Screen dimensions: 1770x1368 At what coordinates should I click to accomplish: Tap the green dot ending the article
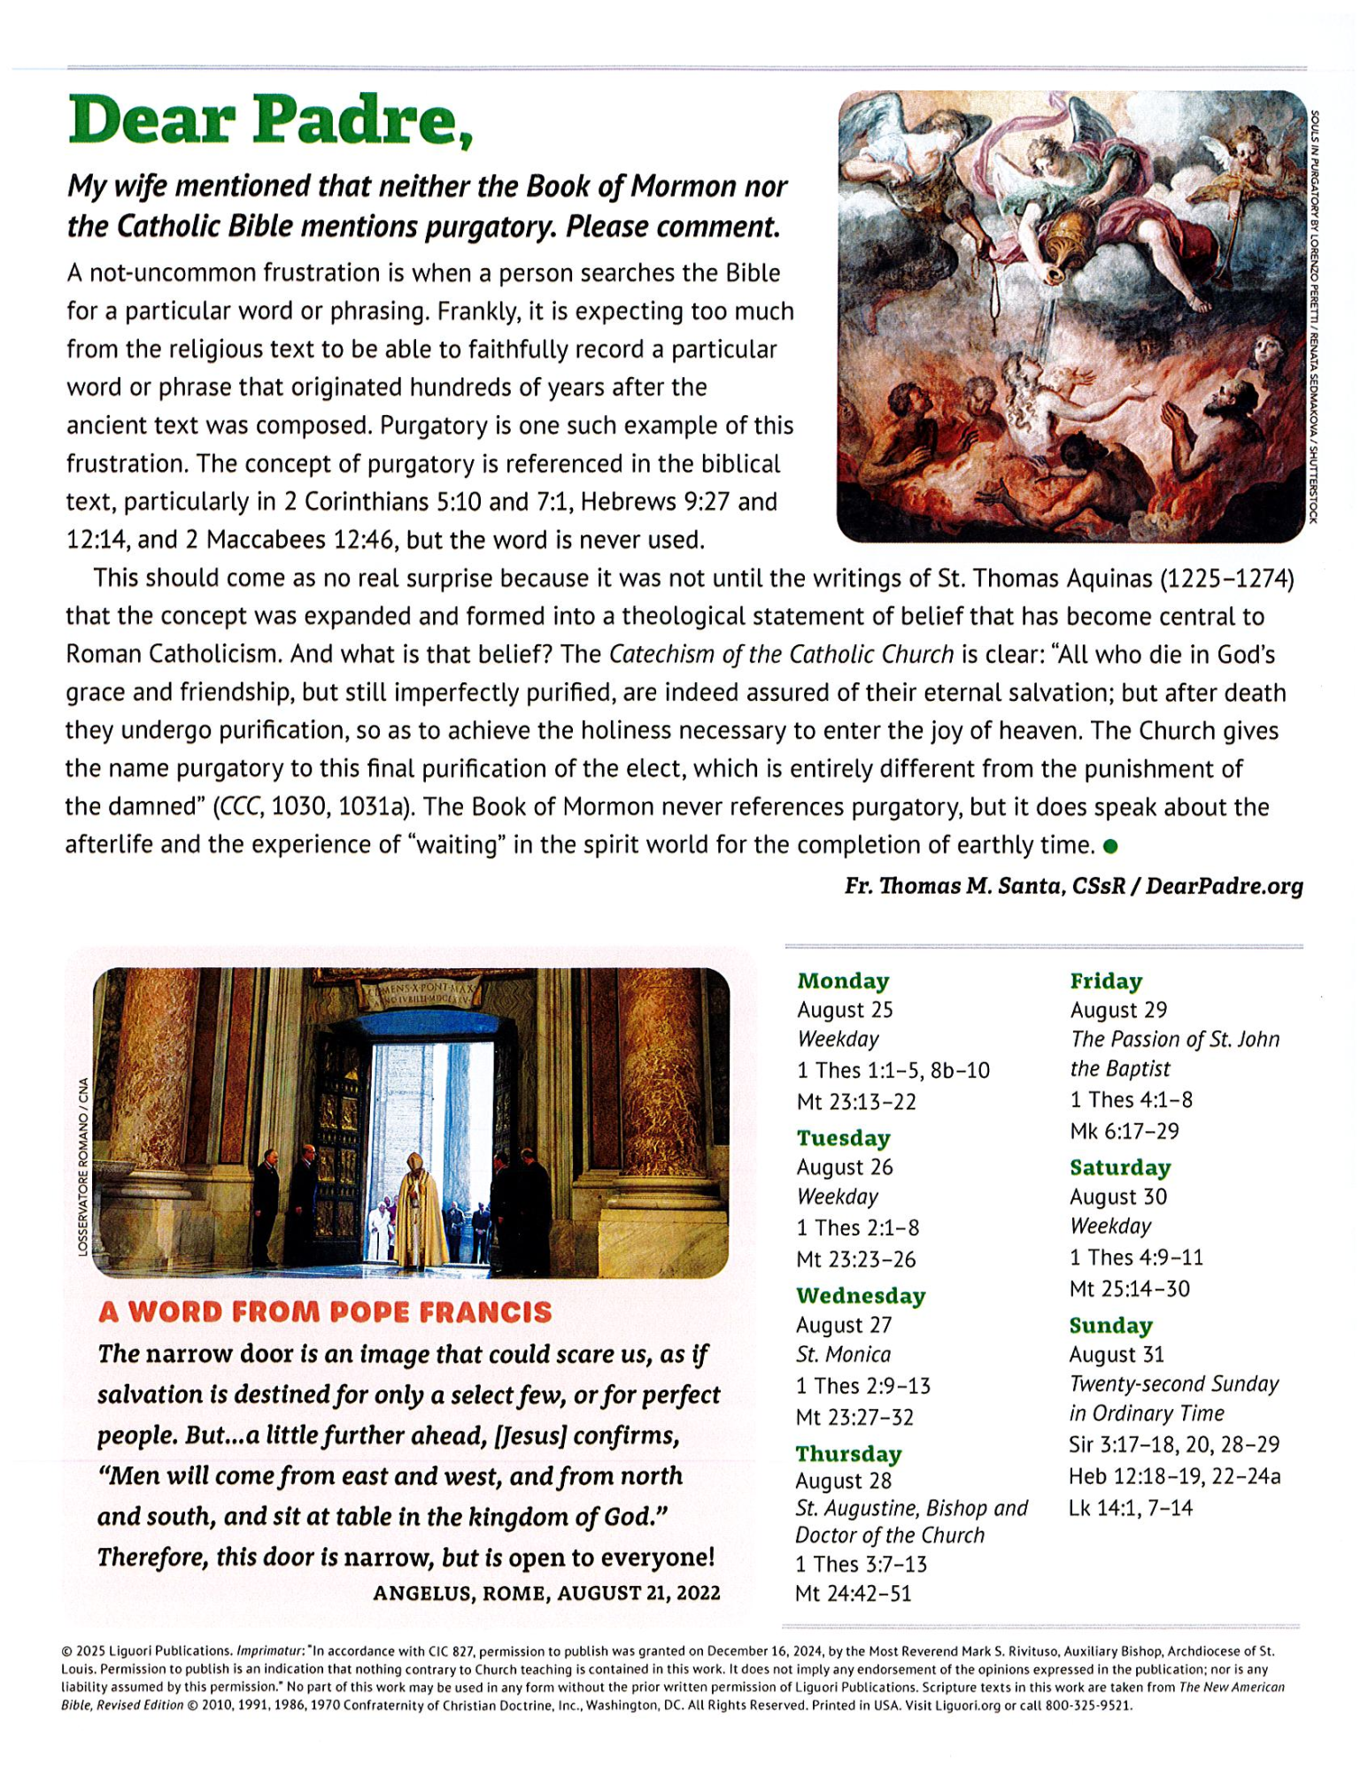point(1110,846)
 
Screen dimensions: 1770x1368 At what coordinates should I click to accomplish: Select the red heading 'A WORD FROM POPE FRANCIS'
point(325,1312)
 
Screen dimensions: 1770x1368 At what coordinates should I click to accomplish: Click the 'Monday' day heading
point(843,981)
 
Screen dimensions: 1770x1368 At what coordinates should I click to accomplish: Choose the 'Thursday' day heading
point(848,1454)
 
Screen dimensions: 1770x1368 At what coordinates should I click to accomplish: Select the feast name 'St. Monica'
point(843,1354)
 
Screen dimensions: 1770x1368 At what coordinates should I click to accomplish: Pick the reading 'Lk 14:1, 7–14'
point(1131,1507)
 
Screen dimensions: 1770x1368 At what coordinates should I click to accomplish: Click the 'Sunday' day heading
point(1110,1325)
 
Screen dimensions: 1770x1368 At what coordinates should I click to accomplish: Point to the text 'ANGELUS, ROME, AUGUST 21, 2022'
point(546,1593)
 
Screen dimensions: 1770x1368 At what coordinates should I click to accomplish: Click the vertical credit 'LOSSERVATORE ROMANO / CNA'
point(83,1166)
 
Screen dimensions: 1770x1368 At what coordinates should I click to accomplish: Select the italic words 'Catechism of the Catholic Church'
point(781,655)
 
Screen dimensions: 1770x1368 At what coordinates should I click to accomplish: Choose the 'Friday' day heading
point(1106,981)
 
